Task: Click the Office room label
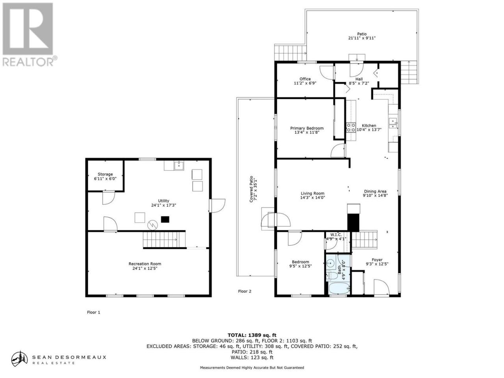coord(305,79)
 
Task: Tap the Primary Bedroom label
coord(307,128)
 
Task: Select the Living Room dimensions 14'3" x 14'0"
coord(313,197)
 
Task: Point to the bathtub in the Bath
coord(339,289)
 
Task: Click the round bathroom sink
coord(330,263)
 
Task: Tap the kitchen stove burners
coord(351,127)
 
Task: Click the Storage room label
coord(105,174)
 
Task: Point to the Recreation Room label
coord(145,264)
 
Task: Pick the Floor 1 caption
coord(93,312)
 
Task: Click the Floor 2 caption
coord(245,291)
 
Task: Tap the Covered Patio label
coord(251,189)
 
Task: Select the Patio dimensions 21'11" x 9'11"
coord(361,38)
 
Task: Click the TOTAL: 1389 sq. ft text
coord(252,335)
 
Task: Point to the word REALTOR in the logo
coord(28,62)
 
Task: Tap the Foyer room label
coord(377,260)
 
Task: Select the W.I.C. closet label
coord(336,235)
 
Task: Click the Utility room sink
coord(179,165)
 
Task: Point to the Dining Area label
coord(375,191)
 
